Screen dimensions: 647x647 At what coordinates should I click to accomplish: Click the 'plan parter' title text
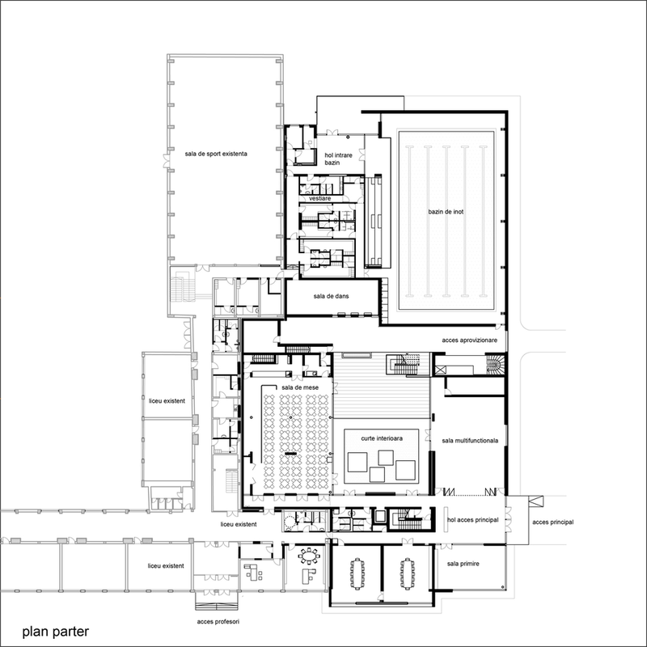point(55,632)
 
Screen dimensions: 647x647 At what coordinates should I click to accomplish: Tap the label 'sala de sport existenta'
point(216,154)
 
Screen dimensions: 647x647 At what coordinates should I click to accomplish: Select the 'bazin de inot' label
point(446,212)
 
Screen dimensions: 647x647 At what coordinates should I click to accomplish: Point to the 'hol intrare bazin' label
point(338,159)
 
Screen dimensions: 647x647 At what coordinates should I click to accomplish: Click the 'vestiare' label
point(319,198)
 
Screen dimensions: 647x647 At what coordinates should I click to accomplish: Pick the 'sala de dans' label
point(331,296)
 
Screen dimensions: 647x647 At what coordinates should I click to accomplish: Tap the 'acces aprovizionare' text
point(470,340)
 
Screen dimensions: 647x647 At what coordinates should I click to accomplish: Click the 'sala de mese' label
point(300,387)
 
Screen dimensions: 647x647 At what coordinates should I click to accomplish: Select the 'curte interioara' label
point(382,438)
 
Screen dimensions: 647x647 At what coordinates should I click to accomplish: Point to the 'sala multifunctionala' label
point(470,441)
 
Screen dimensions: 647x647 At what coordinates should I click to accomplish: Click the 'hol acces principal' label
point(473,520)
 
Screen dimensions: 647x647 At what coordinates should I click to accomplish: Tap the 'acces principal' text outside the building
point(553,522)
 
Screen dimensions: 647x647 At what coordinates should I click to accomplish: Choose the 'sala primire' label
point(463,564)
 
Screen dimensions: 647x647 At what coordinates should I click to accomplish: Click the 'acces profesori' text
point(218,621)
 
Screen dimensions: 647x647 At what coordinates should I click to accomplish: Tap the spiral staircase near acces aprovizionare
point(495,365)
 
